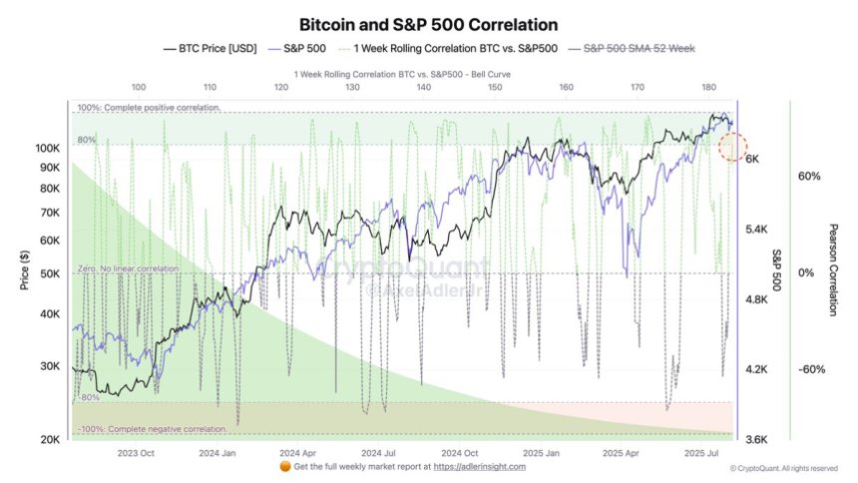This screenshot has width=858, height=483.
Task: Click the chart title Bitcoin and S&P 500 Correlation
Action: click(428, 23)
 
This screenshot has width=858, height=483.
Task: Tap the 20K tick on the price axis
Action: click(51, 439)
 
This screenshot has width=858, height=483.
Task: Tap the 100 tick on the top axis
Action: click(139, 88)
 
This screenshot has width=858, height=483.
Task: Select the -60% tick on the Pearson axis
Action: click(811, 369)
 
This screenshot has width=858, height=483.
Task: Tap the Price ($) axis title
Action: click(24, 270)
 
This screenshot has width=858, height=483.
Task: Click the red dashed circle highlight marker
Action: click(735, 147)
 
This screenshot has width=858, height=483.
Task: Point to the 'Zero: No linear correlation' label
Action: click(128, 269)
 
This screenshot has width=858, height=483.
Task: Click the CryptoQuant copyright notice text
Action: click(783, 468)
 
